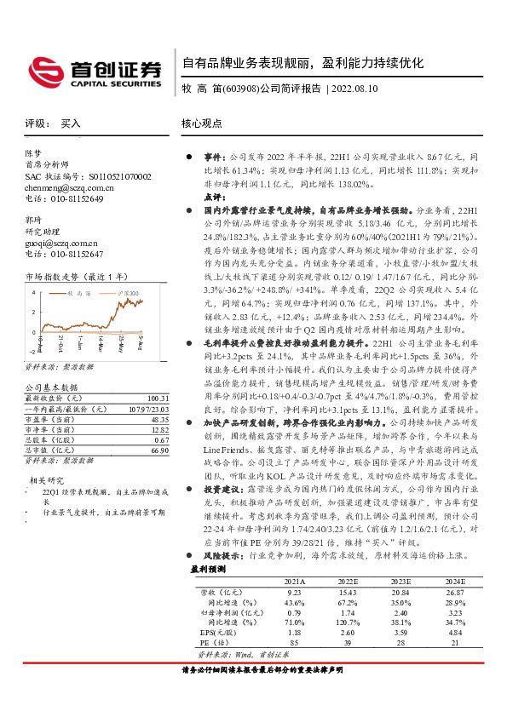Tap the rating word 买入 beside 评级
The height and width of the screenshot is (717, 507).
(x=71, y=123)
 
